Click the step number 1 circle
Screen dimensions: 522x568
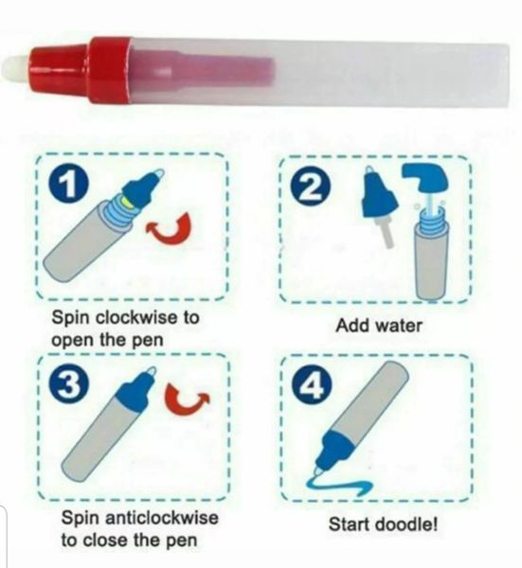[x=69, y=184]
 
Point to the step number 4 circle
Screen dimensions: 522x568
[x=314, y=384]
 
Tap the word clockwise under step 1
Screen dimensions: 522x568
[x=136, y=318]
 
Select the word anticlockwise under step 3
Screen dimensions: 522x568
[x=161, y=517]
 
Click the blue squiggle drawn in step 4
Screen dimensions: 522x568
[x=338, y=486]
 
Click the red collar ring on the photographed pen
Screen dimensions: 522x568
[x=110, y=69]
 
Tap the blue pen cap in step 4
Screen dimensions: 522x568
[x=334, y=449]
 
